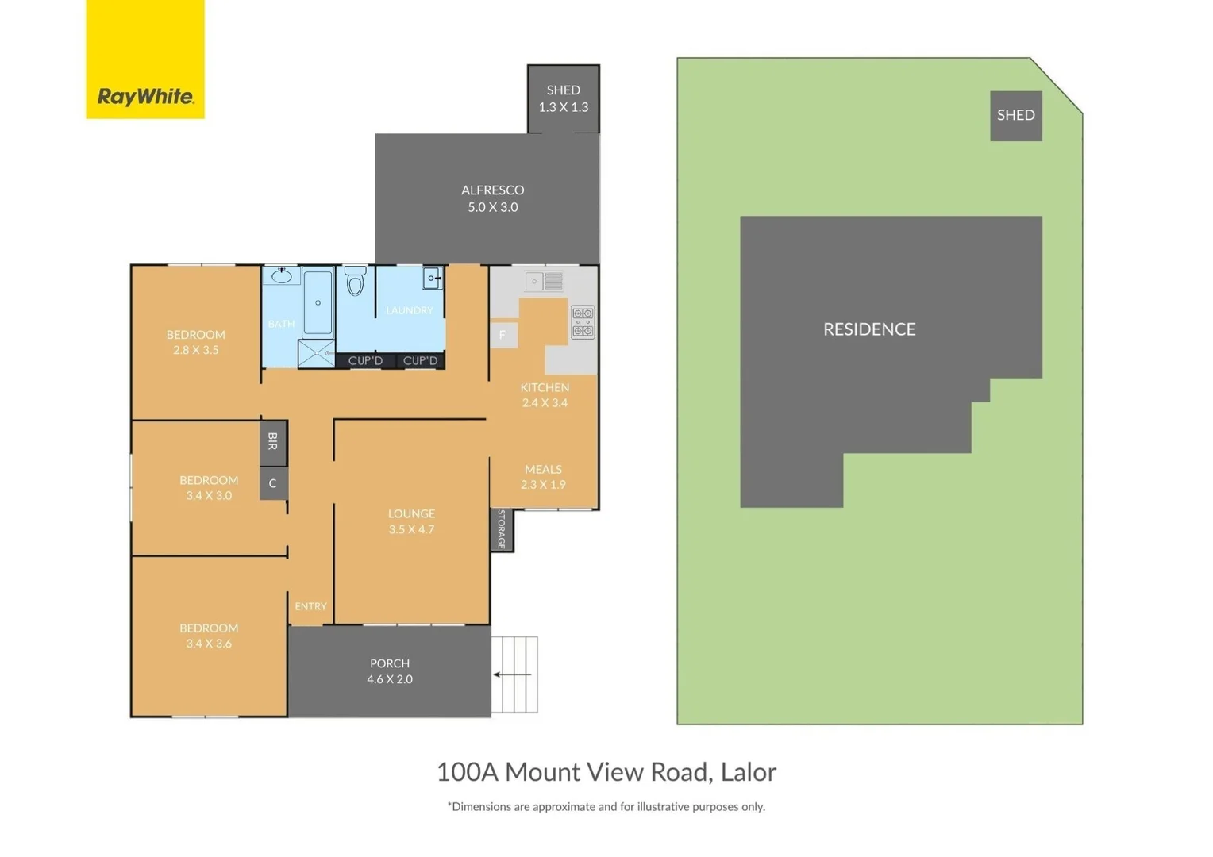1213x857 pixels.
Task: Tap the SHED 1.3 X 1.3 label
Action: click(x=563, y=98)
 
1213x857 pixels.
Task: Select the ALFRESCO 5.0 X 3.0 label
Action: click(x=492, y=198)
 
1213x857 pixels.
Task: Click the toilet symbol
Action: click(x=355, y=281)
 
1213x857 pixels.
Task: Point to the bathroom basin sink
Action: click(x=282, y=276)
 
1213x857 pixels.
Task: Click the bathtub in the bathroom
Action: click(x=318, y=302)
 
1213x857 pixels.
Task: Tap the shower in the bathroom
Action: click(x=317, y=353)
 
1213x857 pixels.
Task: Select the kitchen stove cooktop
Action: click(x=583, y=322)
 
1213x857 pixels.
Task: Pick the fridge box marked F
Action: click(x=503, y=335)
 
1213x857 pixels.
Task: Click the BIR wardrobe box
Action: click(x=273, y=442)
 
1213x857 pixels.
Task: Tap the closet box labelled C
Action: click(x=273, y=483)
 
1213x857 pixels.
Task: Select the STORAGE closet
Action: click(x=502, y=529)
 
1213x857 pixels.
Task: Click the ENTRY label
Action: click(x=310, y=606)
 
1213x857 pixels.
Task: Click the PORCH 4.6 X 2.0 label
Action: click(x=389, y=671)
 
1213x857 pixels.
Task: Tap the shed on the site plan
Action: click(x=1015, y=115)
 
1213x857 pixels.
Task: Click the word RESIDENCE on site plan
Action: click(x=869, y=329)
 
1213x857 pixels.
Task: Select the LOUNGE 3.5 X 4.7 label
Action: click(x=411, y=521)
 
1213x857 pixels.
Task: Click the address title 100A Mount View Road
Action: click(x=606, y=771)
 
